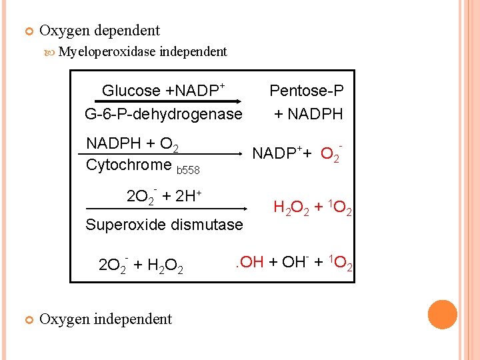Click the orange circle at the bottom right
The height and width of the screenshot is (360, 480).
click(x=443, y=315)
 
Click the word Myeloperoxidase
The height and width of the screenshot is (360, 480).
click(x=107, y=51)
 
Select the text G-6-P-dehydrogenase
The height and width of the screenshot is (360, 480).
click(x=163, y=114)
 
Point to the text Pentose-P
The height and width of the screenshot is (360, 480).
click(x=307, y=91)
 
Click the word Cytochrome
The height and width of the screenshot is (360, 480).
click(x=129, y=165)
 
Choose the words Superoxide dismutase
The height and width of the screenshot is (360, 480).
click(x=164, y=225)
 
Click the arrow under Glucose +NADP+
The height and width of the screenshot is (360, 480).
click(x=161, y=102)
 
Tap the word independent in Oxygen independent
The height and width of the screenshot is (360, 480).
click(x=133, y=319)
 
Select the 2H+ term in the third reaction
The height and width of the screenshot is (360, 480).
click(x=189, y=196)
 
